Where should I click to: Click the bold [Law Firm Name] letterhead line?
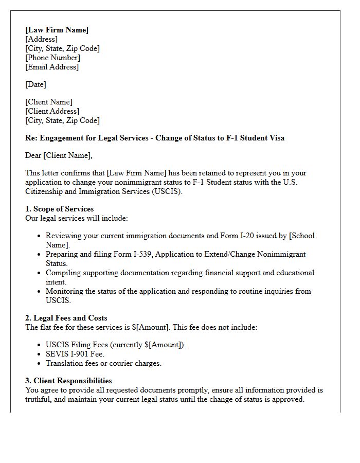[x=57, y=30]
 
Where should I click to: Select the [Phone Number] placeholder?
[x=52, y=58]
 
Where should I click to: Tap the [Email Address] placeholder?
[x=52, y=67]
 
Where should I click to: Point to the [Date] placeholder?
[x=35, y=84]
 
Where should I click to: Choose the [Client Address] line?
[x=52, y=111]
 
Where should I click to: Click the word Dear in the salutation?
[x=33, y=155]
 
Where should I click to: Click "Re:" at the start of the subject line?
[x=31, y=138]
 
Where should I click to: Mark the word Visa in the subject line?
[x=276, y=138]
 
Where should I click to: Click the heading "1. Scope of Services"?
[x=59, y=209]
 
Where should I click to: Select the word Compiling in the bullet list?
[x=63, y=273]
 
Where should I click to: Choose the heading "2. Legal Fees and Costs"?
[x=66, y=318]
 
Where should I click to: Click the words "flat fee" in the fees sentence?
[x=53, y=327]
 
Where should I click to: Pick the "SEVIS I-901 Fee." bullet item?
[x=75, y=354]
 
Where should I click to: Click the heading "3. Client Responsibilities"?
[x=68, y=381]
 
